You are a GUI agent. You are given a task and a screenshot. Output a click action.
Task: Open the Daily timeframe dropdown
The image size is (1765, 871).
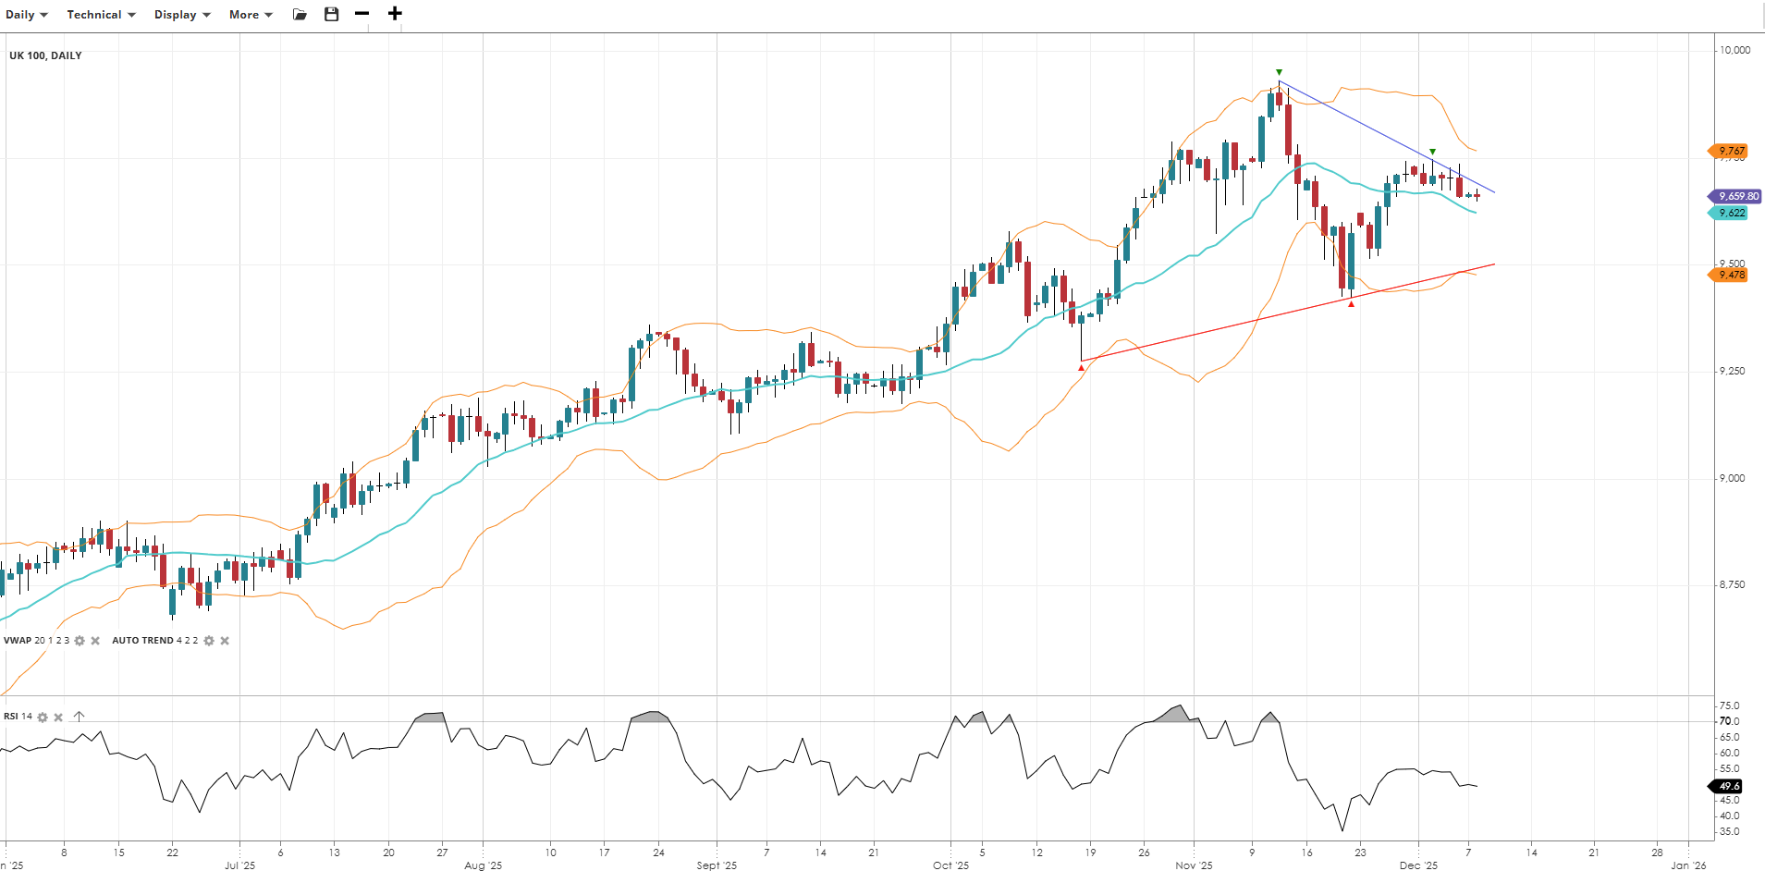26,15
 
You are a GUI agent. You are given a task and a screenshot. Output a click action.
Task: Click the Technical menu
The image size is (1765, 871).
101,15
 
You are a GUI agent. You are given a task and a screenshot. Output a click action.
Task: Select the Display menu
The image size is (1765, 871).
182,15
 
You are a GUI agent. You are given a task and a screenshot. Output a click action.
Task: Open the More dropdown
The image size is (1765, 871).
251,15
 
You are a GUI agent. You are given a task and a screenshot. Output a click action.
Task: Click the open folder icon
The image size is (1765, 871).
300,14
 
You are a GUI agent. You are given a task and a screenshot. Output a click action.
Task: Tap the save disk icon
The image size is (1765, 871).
332,14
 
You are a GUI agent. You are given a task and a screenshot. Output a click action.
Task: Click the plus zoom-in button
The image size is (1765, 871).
395,14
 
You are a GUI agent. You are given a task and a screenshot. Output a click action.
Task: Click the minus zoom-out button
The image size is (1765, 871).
362,14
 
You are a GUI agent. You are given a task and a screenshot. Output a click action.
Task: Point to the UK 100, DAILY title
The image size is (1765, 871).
45,55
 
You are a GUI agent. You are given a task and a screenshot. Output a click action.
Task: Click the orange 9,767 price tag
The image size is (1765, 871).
1730,151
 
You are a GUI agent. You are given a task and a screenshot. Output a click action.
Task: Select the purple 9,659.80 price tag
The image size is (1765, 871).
1735,196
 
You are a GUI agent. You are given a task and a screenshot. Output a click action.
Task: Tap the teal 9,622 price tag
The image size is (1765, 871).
1730,213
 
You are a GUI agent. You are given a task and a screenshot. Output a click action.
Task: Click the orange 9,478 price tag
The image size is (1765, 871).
1730,275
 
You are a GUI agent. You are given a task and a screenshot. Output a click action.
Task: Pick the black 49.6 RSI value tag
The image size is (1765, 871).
1728,786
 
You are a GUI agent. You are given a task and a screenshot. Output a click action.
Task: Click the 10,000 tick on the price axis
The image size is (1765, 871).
1734,50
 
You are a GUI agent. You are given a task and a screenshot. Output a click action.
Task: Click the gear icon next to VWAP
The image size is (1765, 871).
80,641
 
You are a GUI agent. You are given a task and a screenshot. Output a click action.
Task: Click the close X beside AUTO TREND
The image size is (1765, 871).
225,641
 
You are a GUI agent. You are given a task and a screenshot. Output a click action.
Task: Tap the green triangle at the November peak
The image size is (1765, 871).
1279,72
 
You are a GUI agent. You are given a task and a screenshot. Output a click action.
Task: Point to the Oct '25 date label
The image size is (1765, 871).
950,865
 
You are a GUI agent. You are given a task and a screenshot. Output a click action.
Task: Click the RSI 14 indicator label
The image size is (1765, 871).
18,717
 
